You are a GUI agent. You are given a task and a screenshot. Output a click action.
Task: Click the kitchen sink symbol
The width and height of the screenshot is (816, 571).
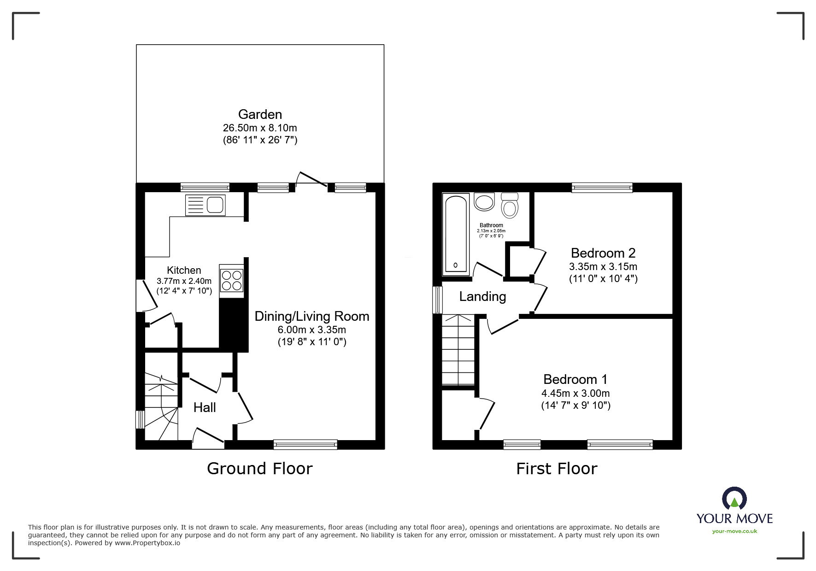tap(205, 205)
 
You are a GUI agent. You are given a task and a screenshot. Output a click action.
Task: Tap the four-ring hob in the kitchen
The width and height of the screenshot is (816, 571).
tap(231, 280)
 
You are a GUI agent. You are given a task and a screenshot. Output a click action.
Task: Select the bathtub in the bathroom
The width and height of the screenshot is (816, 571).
tap(456, 235)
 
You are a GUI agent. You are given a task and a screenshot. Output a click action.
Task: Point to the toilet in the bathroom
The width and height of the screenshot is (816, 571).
tap(510, 205)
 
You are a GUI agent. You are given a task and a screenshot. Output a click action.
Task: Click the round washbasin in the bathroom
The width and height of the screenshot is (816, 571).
tap(484, 202)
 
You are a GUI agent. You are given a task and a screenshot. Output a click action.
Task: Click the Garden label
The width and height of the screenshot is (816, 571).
tap(260, 114)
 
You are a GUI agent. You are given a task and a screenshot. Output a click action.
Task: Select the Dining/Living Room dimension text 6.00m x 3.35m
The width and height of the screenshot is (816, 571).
tap(311, 330)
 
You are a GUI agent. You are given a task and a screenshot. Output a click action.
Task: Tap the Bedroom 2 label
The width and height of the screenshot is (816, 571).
tap(603, 253)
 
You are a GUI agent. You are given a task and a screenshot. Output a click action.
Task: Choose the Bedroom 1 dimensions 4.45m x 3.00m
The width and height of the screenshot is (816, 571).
tap(575, 393)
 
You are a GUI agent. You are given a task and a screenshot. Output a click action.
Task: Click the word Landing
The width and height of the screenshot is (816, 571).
tap(482, 296)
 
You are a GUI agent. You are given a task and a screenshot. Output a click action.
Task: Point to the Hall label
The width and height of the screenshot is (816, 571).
tap(205, 407)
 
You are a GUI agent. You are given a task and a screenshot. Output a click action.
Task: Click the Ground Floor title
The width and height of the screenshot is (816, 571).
tap(259, 468)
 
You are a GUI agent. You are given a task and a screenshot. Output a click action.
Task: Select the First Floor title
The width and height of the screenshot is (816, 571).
tap(556, 469)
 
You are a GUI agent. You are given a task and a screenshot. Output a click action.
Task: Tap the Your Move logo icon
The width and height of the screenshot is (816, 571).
tap(734, 499)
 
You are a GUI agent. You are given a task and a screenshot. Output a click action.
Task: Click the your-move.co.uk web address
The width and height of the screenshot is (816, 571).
tap(734, 531)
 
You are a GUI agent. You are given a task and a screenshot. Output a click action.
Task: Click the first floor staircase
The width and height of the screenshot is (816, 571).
tap(458, 350)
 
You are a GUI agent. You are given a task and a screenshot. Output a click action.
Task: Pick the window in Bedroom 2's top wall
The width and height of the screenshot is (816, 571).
tap(602, 187)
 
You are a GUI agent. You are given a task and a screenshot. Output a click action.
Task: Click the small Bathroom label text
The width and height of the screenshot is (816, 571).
tap(491, 225)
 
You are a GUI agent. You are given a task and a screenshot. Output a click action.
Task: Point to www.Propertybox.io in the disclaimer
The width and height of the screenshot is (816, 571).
tap(147, 543)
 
